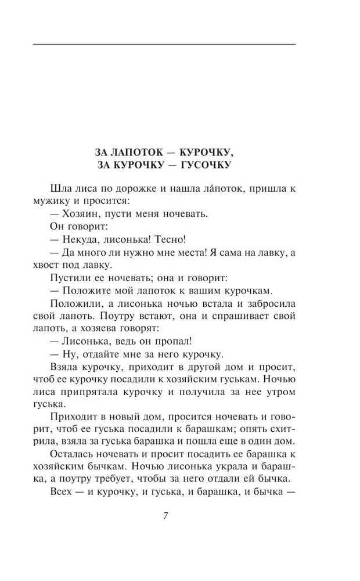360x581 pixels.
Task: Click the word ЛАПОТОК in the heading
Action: click(135, 152)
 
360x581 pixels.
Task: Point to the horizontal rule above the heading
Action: click(165, 44)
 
